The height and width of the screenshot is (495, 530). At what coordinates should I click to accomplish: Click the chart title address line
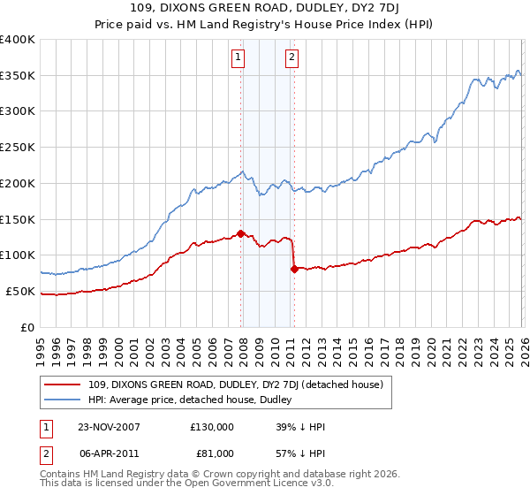click(264, 10)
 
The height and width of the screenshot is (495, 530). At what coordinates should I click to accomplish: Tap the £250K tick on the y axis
click(18, 147)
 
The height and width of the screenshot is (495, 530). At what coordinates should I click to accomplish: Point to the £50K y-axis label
click(20, 291)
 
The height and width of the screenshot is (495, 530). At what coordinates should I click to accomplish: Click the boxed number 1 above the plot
click(238, 58)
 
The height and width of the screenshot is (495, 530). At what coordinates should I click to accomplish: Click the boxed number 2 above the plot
click(291, 58)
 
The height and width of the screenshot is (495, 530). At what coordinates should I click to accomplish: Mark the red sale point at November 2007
click(240, 233)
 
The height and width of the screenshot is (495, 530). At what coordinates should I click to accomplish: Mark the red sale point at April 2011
click(293, 269)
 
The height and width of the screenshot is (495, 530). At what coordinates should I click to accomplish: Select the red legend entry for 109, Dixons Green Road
click(235, 385)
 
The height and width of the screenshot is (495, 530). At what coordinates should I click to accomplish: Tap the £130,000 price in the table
click(212, 426)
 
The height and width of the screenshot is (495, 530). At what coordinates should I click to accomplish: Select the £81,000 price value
click(215, 453)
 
